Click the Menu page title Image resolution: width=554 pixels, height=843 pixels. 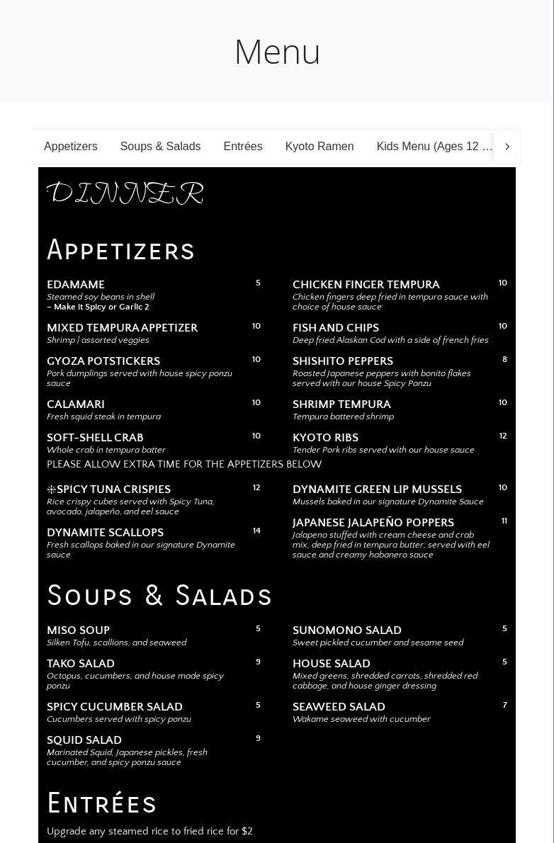tap(277, 52)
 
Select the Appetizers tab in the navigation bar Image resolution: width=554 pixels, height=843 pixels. tap(71, 147)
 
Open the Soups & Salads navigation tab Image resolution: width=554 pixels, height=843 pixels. tap(160, 147)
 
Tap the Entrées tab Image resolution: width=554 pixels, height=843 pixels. tap(243, 147)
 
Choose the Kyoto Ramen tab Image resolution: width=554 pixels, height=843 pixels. tap(320, 147)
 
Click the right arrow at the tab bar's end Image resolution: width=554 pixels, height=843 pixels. tap(507, 147)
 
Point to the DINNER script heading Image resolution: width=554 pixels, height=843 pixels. tap(125, 193)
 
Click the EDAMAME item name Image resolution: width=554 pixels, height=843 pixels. tap(76, 285)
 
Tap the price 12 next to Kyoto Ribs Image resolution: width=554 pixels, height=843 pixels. tap(503, 436)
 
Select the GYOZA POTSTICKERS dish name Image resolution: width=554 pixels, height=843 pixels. tap(103, 361)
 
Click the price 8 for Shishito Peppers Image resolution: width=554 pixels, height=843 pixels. tap(504, 360)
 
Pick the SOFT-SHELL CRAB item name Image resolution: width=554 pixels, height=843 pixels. tap(95, 438)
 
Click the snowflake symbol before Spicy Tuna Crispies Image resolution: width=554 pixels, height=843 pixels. tap(51, 490)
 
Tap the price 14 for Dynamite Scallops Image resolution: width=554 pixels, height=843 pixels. tap(256, 531)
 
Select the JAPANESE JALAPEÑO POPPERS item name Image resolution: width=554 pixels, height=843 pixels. tap(373, 523)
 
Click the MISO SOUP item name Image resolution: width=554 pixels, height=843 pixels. tap(78, 630)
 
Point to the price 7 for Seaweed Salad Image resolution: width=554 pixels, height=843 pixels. tap(505, 706)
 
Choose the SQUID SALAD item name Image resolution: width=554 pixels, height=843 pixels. tap(84, 740)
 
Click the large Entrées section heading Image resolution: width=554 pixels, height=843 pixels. tap(102, 804)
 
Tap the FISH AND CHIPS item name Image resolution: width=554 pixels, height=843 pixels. tap(336, 328)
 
